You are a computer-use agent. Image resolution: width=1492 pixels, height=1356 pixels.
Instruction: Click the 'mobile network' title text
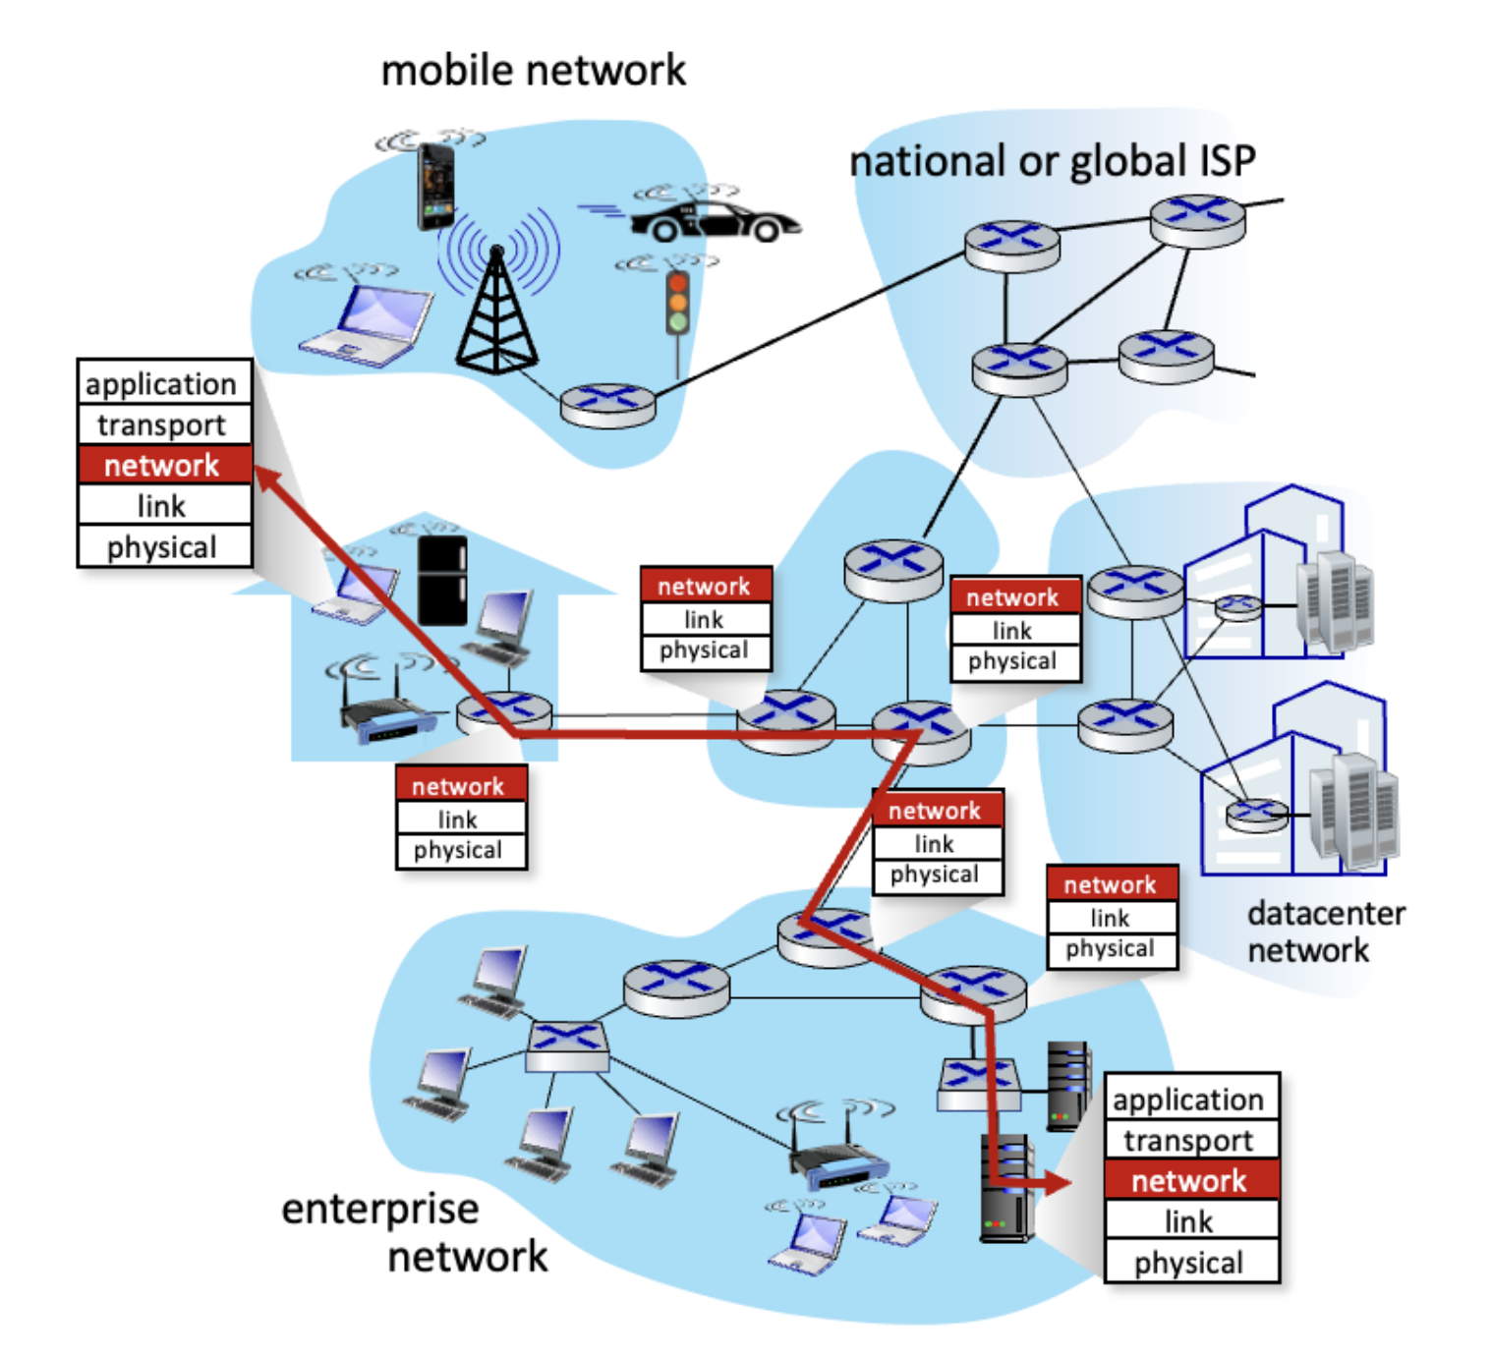pyautogui.click(x=533, y=71)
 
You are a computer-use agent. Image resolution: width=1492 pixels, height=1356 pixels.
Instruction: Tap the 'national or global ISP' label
pyautogui.click(x=1052, y=161)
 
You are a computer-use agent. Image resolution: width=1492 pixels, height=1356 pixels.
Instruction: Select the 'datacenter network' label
pyautogui.click(x=1324, y=932)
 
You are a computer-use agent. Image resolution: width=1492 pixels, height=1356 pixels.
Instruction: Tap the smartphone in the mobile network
pyautogui.click(x=435, y=185)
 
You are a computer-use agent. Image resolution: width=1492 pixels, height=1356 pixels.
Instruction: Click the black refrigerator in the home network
pyautogui.click(x=442, y=581)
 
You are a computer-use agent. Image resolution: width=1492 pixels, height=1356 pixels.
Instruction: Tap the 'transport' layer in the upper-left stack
pyautogui.click(x=163, y=424)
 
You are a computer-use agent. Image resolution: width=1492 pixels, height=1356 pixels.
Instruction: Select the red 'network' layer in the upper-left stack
pyautogui.click(x=163, y=465)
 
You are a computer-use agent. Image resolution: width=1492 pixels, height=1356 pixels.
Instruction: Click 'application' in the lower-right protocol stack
pyautogui.click(x=1189, y=1099)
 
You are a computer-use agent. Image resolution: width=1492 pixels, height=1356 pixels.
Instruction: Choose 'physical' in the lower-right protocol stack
pyautogui.click(x=1189, y=1263)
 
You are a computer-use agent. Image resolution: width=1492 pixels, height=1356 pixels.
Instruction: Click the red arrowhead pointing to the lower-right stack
pyautogui.click(x=1058, y=1182)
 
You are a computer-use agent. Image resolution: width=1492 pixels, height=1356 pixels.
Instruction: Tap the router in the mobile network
pyautogui.click(x=607, y=405)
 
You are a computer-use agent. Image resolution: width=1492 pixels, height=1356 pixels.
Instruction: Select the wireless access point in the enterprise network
pyautogui.click(x=838, y=1165)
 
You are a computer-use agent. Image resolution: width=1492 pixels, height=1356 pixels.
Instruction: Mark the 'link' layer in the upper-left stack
pyautogui.click(x=163, y=506)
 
